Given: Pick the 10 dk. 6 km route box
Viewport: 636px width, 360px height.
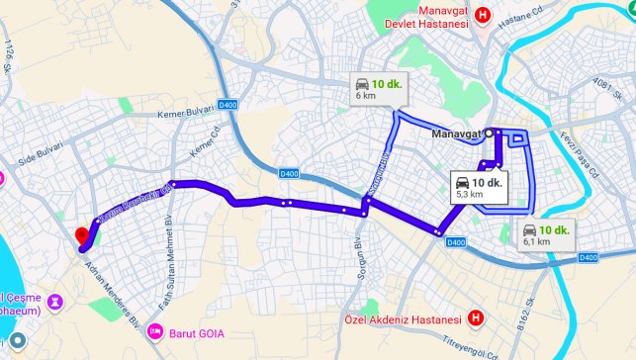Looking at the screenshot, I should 379,89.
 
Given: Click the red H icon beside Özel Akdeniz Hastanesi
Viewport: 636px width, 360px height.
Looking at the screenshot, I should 477,318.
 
